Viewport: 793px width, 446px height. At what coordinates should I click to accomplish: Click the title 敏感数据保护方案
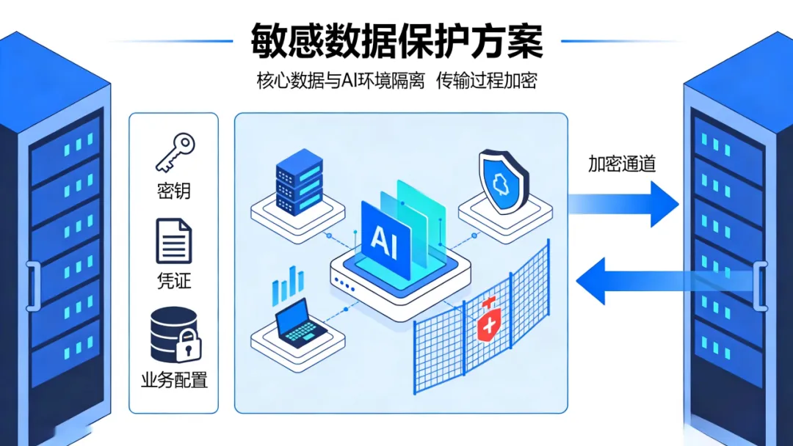pos(396,40)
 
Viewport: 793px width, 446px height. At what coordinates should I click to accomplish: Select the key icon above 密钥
pos(174,153)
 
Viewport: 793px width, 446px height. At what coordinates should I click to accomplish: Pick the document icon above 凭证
pos(173,241)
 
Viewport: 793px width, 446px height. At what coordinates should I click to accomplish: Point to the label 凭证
pos(173,281)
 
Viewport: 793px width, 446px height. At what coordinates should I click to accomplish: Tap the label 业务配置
pos(174,380)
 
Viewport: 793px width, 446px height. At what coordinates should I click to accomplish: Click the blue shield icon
pos(502,180)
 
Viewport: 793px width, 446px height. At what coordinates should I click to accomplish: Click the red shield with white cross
pos(488,321)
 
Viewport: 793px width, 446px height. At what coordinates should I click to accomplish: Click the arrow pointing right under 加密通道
pos(624,202)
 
